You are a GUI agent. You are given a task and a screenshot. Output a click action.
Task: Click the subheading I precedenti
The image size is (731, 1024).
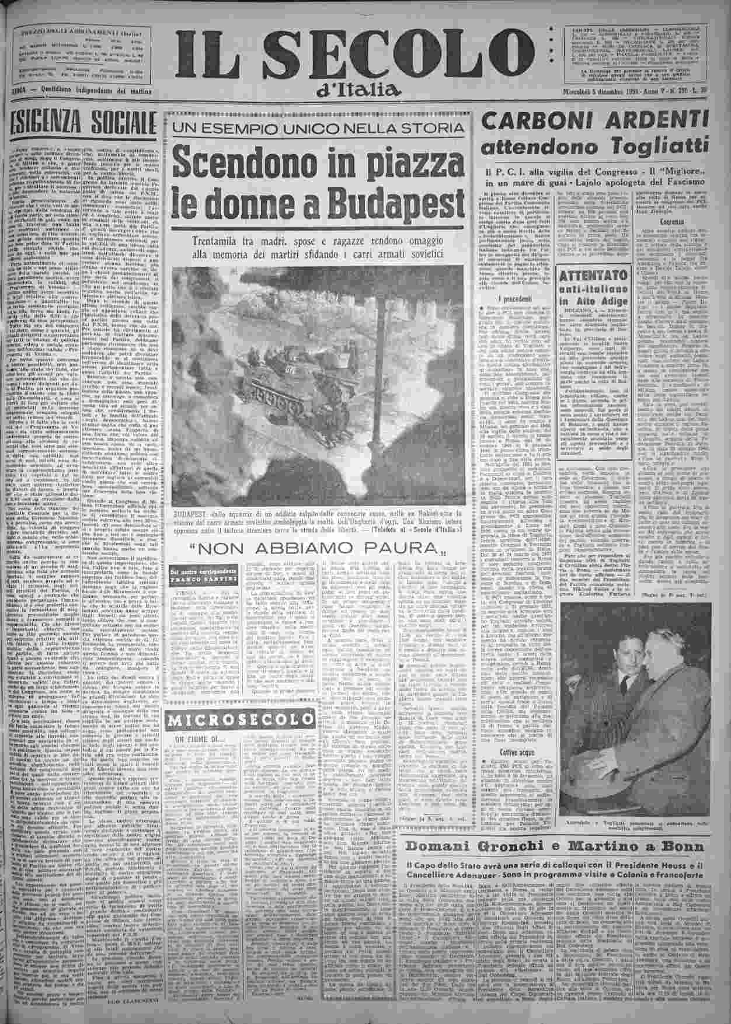coord(500,298)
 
